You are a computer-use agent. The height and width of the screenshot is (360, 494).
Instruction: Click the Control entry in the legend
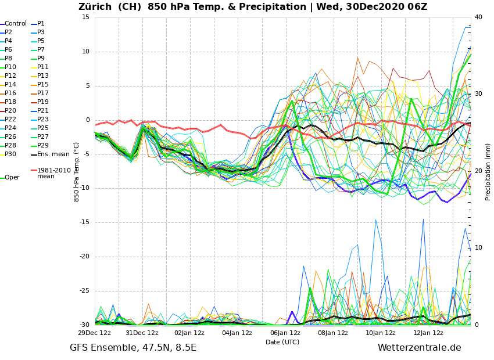pos(16,24)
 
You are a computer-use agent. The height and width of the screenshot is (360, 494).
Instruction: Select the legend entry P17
pos(43,93)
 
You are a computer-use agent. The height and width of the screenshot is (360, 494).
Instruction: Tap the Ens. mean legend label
pos(53,154)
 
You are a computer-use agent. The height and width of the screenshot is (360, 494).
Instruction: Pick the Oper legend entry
pos(12,178)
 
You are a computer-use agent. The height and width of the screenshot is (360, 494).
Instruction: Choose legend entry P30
pos(10,154)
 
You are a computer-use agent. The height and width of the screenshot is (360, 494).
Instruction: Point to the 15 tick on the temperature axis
pos(85,17)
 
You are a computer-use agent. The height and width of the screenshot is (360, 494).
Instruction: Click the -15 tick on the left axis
pos(84,222)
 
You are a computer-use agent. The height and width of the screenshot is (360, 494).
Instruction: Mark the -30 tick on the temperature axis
pos(84,325)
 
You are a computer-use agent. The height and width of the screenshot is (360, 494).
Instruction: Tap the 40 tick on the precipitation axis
pos(478,17)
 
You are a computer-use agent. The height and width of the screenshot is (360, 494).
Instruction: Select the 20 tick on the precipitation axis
pos(478,171)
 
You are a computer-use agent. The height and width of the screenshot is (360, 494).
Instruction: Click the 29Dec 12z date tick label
pos(95,333)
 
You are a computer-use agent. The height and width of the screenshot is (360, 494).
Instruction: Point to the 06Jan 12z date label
pos(285,333)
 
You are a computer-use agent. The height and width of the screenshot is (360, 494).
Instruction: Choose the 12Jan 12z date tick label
pos(428,333)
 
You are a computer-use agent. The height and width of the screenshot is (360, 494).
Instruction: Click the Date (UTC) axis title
pos(282,343)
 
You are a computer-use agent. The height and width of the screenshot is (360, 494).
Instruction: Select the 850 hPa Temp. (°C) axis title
pos(77,171)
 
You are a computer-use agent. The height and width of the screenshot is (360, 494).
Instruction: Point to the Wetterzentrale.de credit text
pos(419,348)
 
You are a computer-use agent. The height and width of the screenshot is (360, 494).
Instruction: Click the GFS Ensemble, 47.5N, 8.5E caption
pos(133,348)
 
